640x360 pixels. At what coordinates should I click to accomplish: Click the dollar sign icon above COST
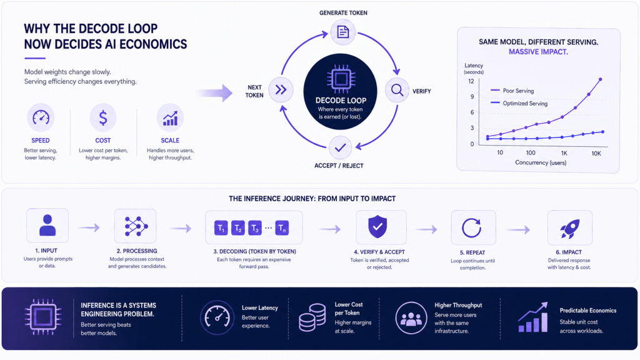point(103,117)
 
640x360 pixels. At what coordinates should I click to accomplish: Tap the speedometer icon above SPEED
point(41,117)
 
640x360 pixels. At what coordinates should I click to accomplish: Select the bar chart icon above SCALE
point(170,118)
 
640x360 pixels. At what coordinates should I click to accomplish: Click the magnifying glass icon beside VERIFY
point(397,90)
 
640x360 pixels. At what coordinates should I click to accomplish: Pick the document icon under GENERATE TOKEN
point(343,32)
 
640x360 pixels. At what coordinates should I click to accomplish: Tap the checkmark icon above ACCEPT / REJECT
point(341,147)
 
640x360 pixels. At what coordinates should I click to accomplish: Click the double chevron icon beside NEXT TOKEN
point(281,90)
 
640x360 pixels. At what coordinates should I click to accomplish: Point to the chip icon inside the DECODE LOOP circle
point(341,79)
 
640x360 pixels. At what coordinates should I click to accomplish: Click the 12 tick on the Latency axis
point(471,81)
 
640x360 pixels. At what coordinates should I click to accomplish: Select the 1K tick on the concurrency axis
point(564,154)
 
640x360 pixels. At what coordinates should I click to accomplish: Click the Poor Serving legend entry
point(512,91)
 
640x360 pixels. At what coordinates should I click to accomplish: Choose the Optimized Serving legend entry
point(519,103)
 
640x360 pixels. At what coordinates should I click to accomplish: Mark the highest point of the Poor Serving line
point(601,79)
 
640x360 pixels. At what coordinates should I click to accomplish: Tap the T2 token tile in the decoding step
point(238,227)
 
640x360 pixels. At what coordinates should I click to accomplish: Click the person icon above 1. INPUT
point(47,225)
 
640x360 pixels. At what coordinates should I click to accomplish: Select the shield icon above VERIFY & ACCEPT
point(377,226)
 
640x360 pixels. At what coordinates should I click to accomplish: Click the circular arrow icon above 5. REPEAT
point(471,227)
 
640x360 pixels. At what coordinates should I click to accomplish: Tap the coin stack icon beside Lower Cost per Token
point(312,317)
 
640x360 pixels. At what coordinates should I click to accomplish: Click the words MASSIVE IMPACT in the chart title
point(538,52)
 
